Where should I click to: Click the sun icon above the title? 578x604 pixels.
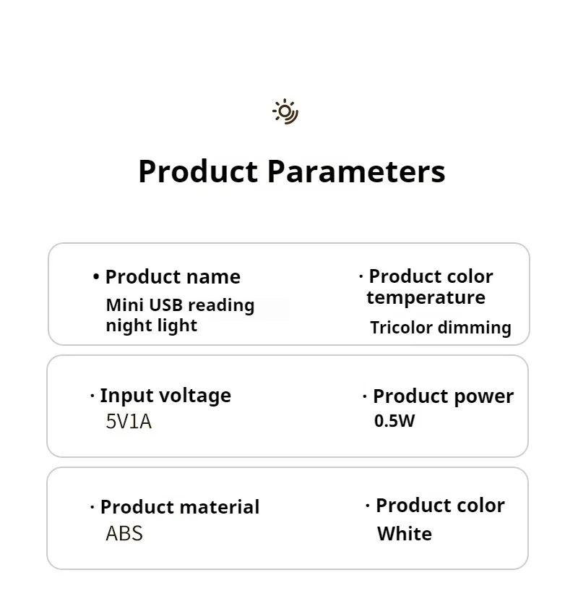(x=285, y=111)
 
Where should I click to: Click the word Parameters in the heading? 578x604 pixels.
(x=356, y=171)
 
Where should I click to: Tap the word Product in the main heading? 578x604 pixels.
(x=198, y=171)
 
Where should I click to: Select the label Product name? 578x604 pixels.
(x=173, y=276)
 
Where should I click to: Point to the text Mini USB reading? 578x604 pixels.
(x=180, y=305)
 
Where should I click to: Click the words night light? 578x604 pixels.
(x=151, y=326)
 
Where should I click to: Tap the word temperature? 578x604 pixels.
(x=426, y=297)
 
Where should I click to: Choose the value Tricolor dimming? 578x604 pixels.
(x=441, y=328)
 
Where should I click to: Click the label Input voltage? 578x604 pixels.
(x=165, y=396)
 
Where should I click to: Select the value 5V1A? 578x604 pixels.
(x=129, y=422)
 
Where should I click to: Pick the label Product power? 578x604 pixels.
(x=444, y=396)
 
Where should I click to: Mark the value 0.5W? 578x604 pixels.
(x=394, y=421)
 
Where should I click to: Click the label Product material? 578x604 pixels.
(x=180, y=507)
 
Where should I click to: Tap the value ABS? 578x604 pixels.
(x=124, y=534)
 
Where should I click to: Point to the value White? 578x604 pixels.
(x=405, y=534)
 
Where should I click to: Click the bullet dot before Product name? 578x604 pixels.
(x=96, y=276)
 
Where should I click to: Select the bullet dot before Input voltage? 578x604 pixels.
(x=92, y=395)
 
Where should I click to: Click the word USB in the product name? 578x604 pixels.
(x=165, y=305)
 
